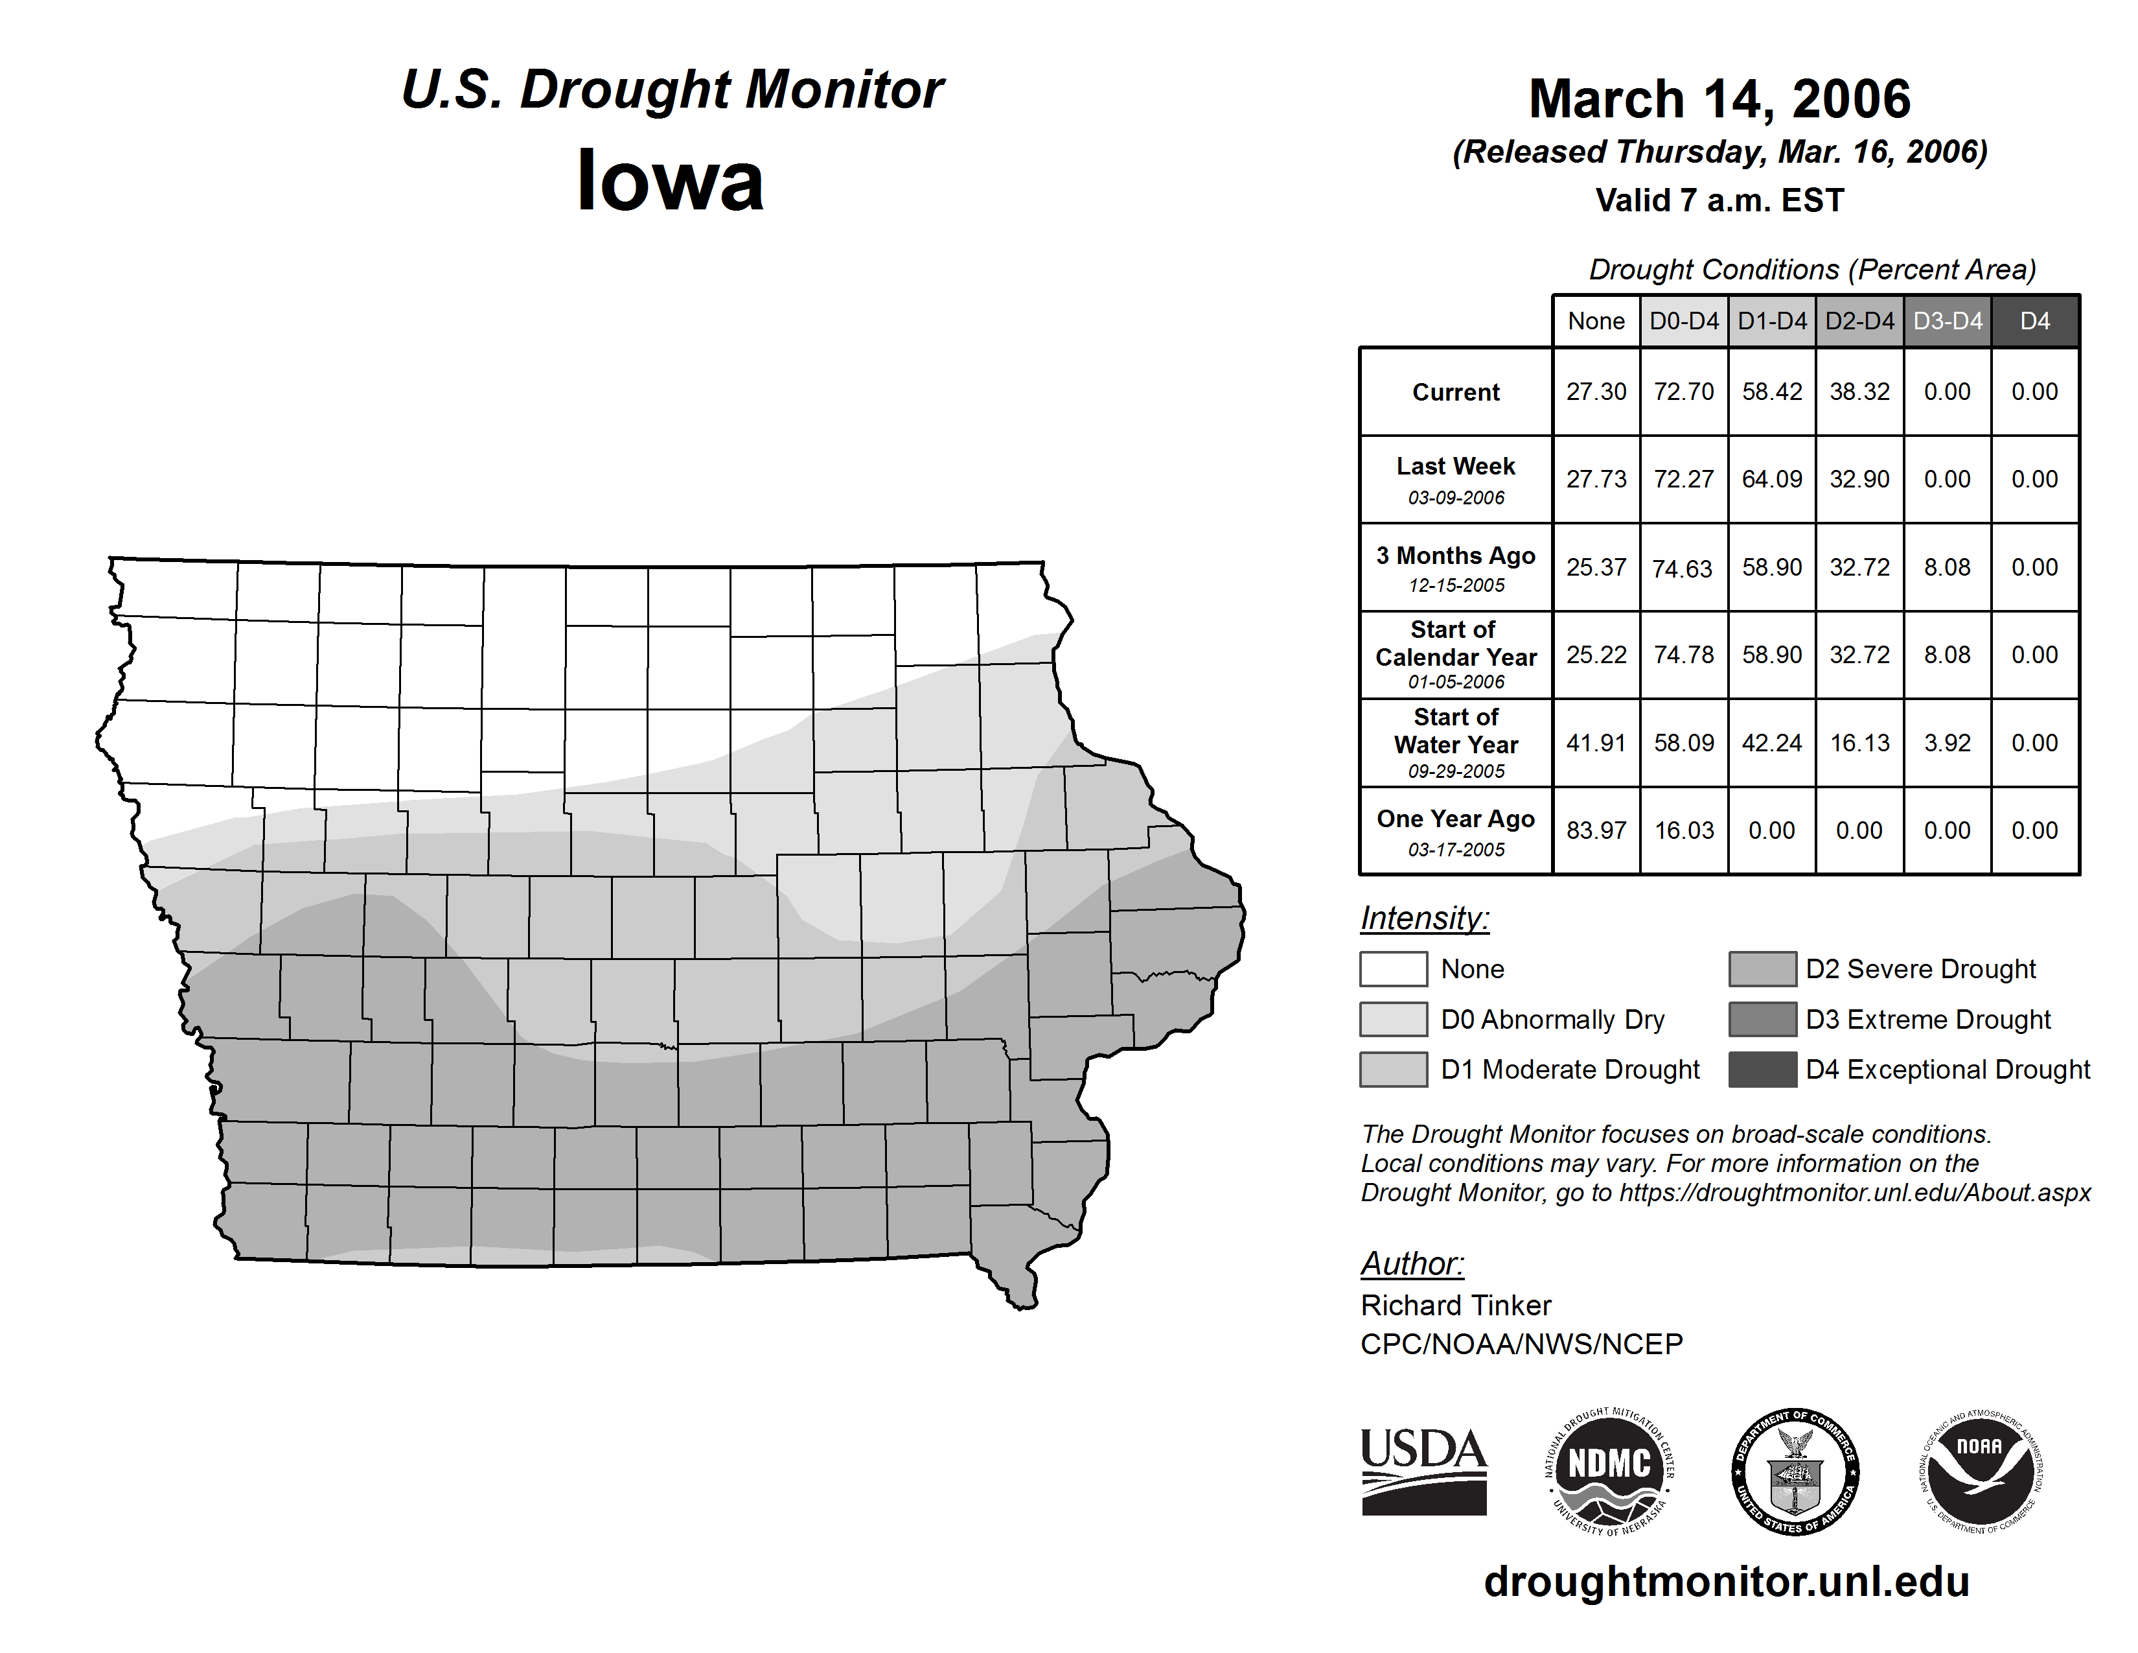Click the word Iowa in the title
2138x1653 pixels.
(671, 181)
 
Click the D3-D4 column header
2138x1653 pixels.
(1947, 321)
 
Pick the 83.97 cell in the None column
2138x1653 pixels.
(1596, 830)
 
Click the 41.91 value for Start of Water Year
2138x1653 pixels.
(1596, 744)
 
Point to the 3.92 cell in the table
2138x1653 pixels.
(1947, 744)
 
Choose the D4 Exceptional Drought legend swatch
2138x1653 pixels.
(1762, 1070)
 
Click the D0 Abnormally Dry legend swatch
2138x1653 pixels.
(1393, 1020)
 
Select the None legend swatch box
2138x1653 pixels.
(1393, 968)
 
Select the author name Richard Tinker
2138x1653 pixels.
(1456, 1306)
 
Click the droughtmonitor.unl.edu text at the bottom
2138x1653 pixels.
(1727, 1582)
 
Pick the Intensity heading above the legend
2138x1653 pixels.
(1424, 919)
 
